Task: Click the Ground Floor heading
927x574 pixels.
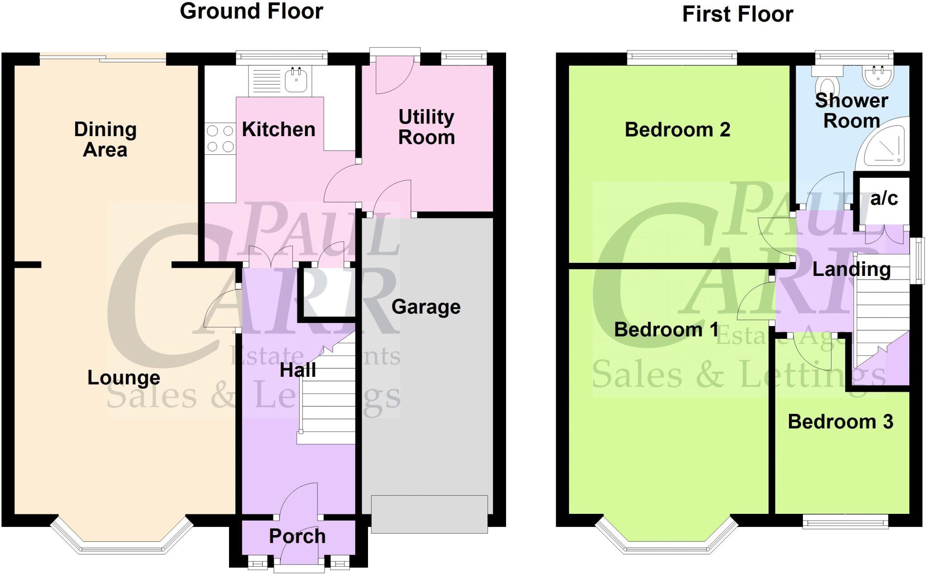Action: tap(251, 11)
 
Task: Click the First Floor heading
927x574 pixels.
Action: tap(737, 14)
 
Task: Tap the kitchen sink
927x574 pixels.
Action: tap(296, 81)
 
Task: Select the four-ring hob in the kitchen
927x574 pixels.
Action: tap(220, 139)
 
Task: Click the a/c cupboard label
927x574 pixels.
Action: tap(884, 199)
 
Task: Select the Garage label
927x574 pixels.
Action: tap(426, 307)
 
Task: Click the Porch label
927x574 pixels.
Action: tap(297, 536)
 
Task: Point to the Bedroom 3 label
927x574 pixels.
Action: tap(841, 422)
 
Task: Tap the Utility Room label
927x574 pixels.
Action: tap(426, 127)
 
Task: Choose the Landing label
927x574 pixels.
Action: tap(851, 270)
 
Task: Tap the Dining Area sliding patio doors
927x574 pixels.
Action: tap(103, 57)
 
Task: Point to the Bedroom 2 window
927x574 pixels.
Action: tap(682, 57)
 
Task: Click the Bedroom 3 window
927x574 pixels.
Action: tap(845, 522)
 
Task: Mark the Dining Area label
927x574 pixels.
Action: tap(105, 139)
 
